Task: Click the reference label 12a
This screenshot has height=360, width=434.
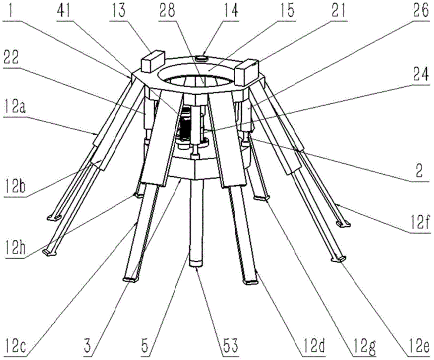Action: pos(15,106)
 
